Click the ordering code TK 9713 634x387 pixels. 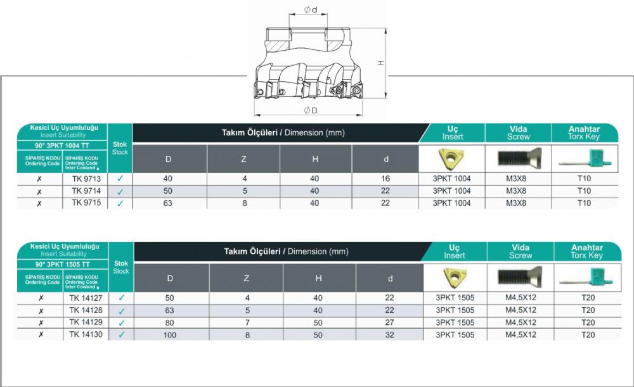(x=86, y=179)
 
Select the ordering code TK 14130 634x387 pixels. (x=86, y=334)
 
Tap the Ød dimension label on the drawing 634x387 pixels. (x=311, y=10)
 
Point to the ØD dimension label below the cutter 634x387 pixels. (x=311, y=110)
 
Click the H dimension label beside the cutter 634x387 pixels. (x=381, y=63)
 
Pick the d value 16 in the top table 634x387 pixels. (x=385, y=179)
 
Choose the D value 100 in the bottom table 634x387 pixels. (x=170, y=335)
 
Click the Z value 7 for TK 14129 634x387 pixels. (x=247, y=323)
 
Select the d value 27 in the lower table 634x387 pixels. (x=389, y=322)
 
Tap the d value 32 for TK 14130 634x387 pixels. (x=389, y=334)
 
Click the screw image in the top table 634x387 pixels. (x=519, y=158)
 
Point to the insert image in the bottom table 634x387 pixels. (x=455, y=277)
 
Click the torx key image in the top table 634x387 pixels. (x=585, y=159)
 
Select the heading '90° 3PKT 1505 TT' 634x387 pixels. (x=62, y=265)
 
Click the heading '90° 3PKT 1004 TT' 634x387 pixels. (x=61, y=146)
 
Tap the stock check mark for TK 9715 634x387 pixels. (x=120, y=203)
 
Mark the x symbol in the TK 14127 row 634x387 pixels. (x=41, y=298)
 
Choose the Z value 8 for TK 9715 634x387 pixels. (x=245, y=203)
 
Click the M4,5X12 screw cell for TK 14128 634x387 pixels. (x=521, y=310)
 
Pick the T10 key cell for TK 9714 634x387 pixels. (x=585, y=191)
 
